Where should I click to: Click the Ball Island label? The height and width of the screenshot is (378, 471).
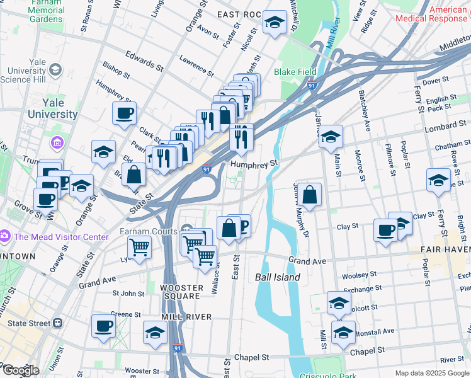(278, 277)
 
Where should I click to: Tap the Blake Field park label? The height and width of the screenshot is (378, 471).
(293, 72)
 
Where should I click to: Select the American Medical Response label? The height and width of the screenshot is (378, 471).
(431, 14)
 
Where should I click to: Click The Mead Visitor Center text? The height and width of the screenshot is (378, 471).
(61, 237)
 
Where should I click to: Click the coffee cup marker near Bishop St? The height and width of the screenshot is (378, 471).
(124, 113)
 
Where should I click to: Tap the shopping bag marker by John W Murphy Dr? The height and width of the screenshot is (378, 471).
(309, 196)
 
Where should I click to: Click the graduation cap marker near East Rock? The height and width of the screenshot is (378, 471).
(275, 24)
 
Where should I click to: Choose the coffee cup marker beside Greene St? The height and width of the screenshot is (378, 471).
(103, 326)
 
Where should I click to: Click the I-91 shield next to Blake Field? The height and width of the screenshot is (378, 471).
(312, 84)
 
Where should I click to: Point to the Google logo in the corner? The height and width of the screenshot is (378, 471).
(20, 370)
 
